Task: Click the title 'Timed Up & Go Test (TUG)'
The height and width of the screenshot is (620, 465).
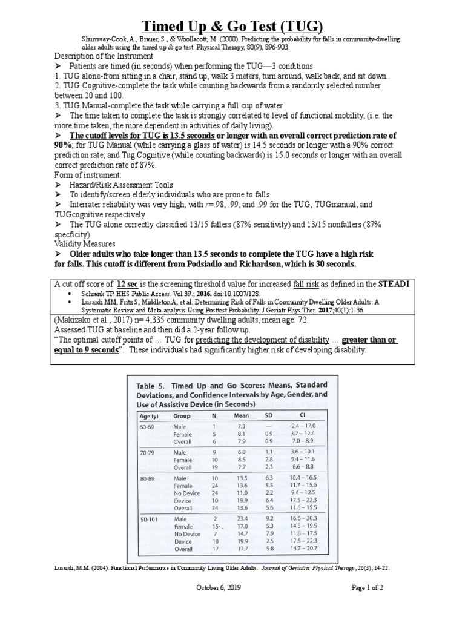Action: click(232, 26)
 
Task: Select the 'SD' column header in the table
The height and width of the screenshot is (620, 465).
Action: click(269, 416)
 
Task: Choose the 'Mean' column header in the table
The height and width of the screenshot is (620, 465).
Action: click(242, 416)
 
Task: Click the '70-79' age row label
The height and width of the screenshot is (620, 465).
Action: click(147, 452)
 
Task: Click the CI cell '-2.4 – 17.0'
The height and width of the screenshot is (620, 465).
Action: click(303, 427)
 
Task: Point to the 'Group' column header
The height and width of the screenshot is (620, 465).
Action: click(181, 416)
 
